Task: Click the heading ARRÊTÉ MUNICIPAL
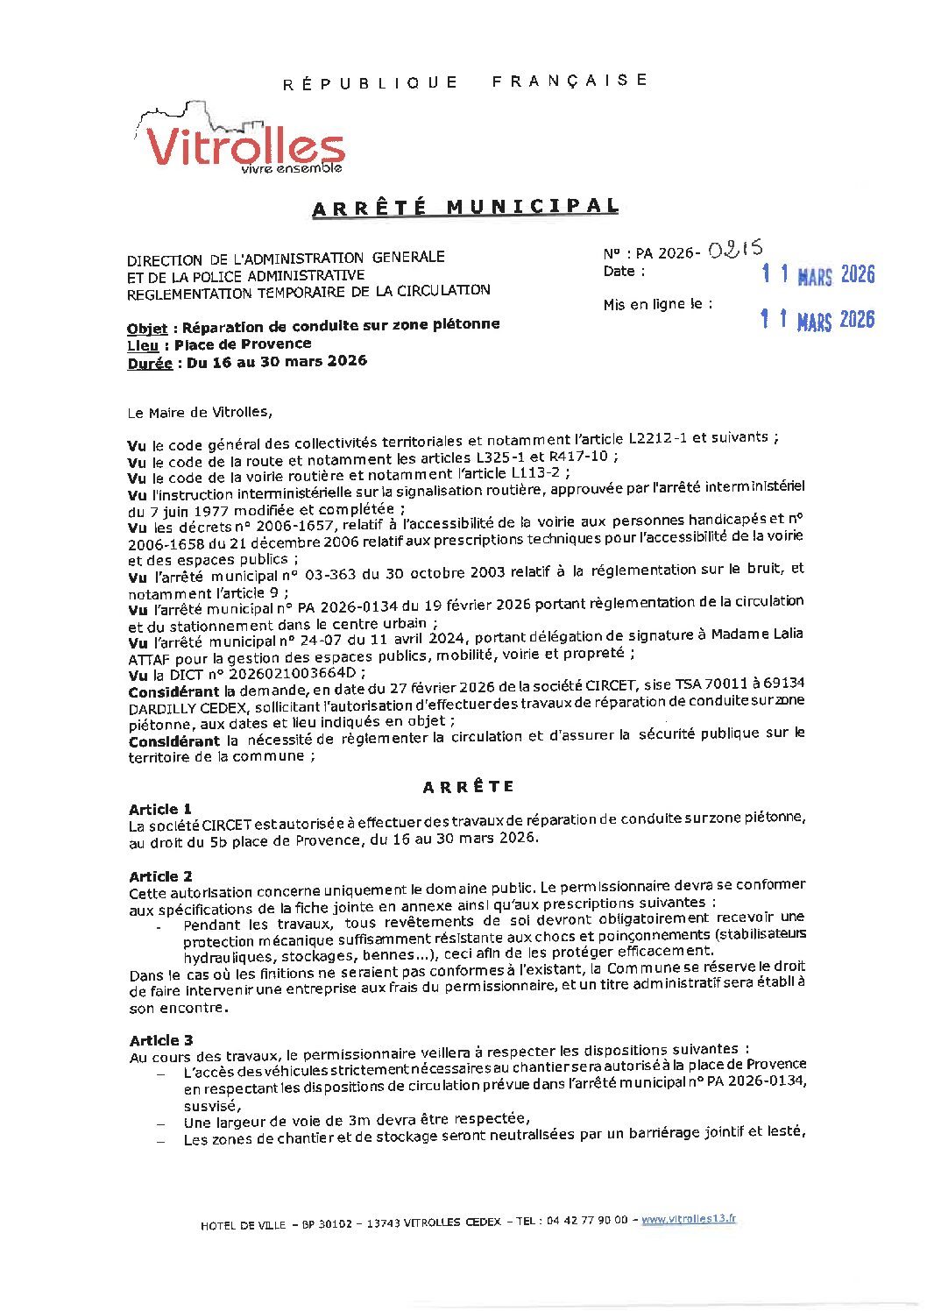coord(465,208)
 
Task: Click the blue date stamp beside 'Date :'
coord(817,275)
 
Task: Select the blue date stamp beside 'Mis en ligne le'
coord(817,319)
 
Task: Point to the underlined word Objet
coord(146,329)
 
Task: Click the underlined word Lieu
coord(143,346)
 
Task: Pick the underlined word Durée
coord(149,363)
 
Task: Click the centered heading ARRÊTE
coord(468,787)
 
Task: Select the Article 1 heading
coord(159,809)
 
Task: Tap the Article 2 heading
coord(160,876)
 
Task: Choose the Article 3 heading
coord(161,1040)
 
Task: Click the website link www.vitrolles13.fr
coord(689,1219)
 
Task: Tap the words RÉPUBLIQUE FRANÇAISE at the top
coord(465,81)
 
